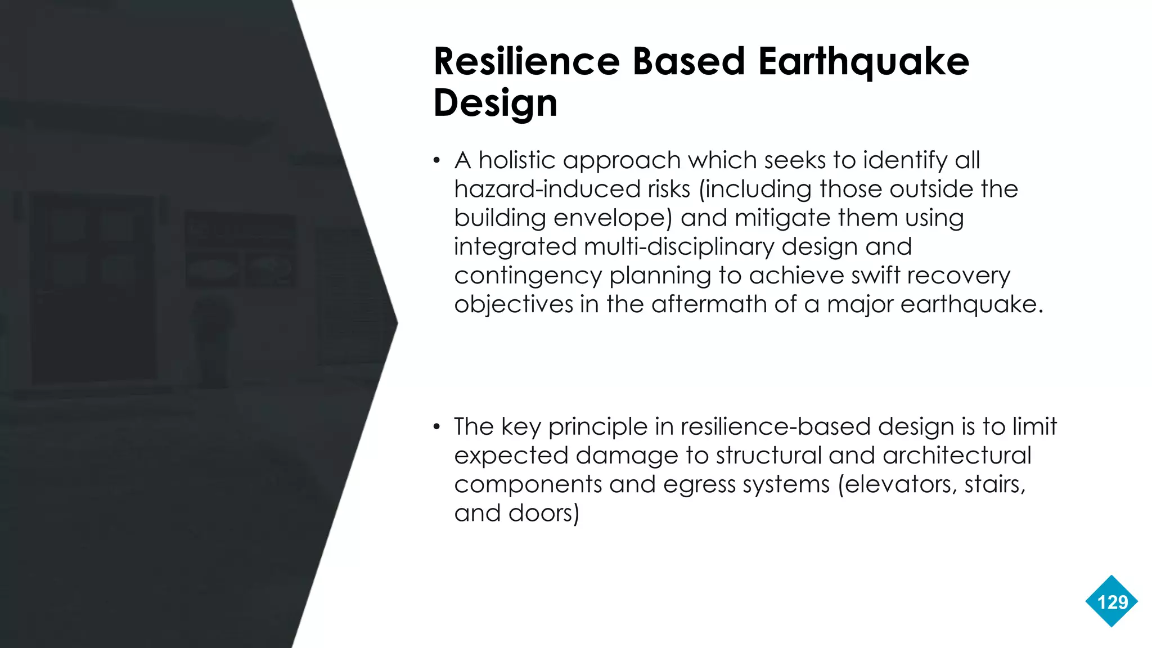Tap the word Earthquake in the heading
(863, 62)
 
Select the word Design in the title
(495, 103)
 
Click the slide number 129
(1112, 602)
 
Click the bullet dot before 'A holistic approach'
(436, 161)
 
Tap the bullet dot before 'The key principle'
(436, 427)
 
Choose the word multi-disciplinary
(678, 247)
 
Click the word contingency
(528, 276)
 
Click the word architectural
(957, 456)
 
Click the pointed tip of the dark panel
(397, 323)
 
